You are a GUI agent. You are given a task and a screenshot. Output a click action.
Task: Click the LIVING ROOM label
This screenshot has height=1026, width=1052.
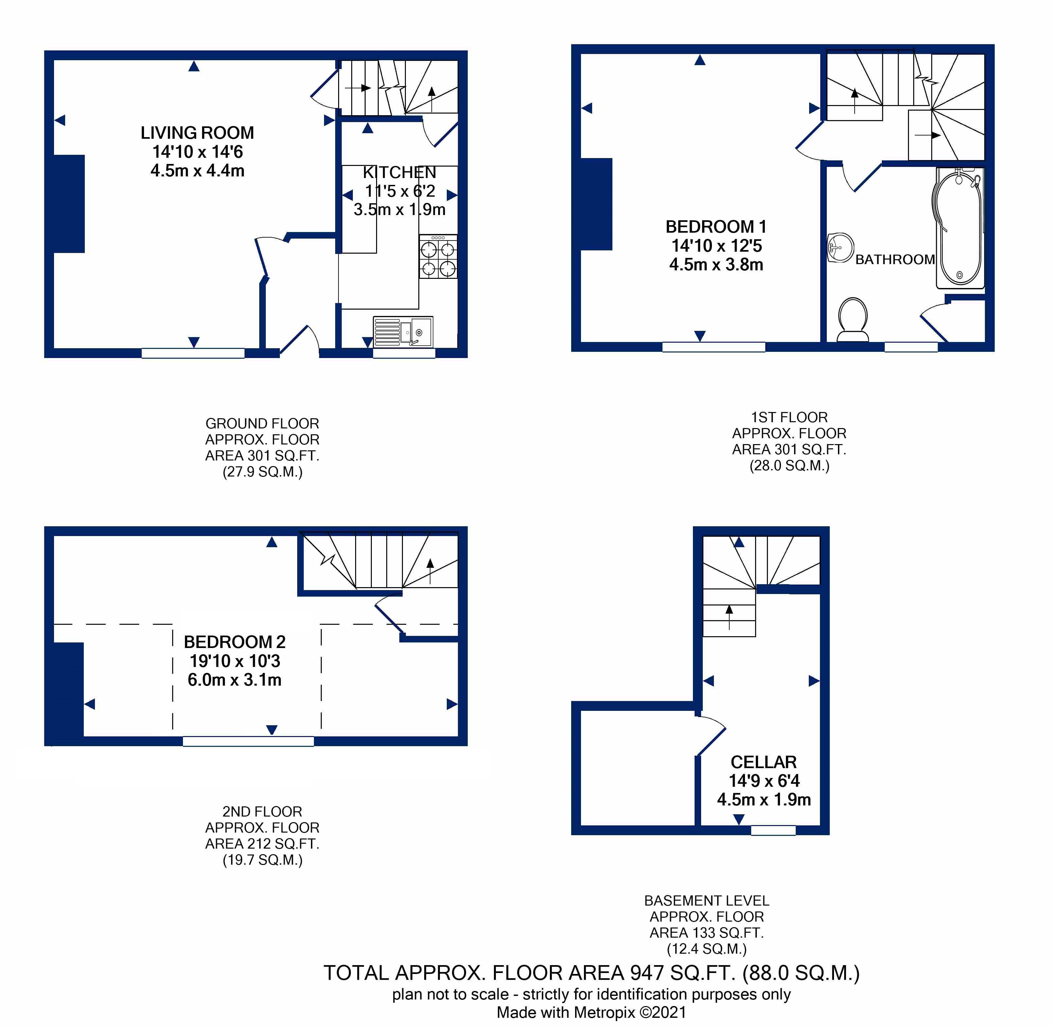coord(197,133)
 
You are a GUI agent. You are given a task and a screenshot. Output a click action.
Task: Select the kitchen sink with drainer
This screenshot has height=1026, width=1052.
coord(403,332)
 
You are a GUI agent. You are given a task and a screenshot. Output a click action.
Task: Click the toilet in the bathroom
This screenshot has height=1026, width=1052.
coord(853,319)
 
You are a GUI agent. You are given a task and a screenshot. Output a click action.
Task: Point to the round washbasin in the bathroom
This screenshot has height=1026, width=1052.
coord(840,248)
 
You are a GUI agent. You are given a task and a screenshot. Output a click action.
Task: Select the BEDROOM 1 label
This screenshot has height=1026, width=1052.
coord(716,227)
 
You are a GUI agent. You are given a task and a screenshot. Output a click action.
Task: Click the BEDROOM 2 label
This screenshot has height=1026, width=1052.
coord(234,642)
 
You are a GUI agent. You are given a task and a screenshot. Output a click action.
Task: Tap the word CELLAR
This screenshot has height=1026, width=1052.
coord(764,762)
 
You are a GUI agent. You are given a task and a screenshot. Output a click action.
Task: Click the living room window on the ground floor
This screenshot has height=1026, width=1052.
coord(193,353)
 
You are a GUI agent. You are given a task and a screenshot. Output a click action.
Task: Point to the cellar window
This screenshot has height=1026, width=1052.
coord(773,830)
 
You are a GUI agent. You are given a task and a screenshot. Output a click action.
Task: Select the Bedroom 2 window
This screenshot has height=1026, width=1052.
coord(248,742)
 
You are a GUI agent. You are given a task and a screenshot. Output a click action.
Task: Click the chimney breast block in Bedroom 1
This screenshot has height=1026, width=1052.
coord(597,204)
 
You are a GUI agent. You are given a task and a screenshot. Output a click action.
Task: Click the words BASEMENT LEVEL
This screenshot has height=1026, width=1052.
coord(707,900)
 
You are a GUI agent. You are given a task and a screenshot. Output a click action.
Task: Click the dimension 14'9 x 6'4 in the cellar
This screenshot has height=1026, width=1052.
coord(764,781)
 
